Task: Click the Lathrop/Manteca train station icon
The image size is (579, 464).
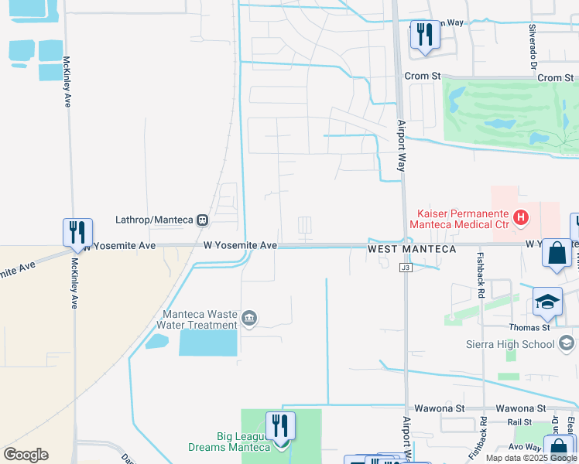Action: point(203,220)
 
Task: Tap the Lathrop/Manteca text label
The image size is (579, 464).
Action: point(153,220)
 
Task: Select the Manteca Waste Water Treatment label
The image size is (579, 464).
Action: point(199,319)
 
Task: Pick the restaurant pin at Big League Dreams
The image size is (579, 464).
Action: point(280,427)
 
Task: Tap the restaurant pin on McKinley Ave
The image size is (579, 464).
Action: point(77,233)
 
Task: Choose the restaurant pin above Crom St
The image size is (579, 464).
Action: point(423,36)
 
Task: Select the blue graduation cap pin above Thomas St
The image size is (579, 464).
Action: point(547,303)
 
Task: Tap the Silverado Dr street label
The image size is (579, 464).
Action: point(533,46)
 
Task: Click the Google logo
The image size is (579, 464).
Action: point(26,455)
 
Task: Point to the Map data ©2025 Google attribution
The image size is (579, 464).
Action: point(530,458)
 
